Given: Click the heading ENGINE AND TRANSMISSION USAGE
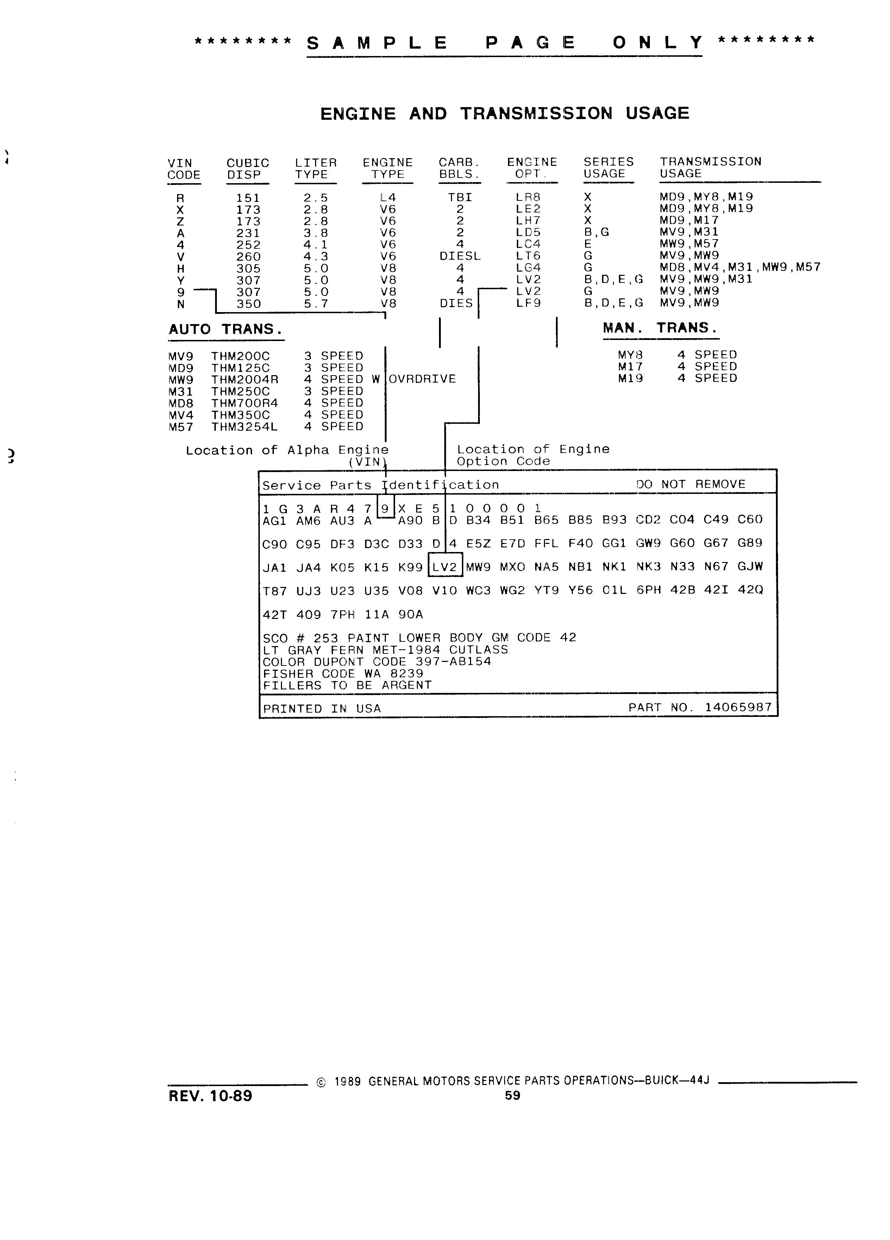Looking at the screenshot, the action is (504, 114).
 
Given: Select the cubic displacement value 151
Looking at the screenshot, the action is (248, 198).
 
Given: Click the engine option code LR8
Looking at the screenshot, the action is (528, 197).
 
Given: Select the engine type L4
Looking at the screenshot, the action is (388, 197).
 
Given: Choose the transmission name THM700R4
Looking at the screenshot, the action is (245, 403).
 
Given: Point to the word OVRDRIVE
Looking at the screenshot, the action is (422, 379).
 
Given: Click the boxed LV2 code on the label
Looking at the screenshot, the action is (445, 567).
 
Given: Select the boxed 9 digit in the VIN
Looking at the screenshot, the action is (385, 509).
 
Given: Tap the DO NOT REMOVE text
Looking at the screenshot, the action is (691, 484).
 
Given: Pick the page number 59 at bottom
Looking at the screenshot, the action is (513, 1096).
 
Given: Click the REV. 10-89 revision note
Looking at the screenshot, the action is (210, 1096).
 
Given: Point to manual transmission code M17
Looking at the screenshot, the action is (631, 367).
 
